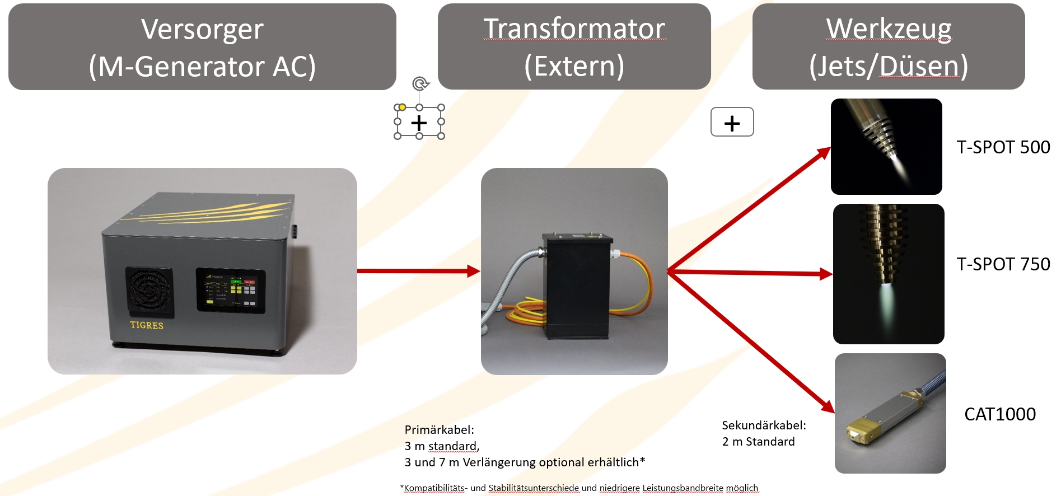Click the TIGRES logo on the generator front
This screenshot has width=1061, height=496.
(147, 325)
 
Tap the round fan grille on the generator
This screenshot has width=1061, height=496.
(149, 291)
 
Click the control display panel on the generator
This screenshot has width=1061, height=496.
(231, 291)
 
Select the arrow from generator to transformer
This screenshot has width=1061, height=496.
(418, 272)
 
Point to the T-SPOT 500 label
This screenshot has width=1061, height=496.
(1003, 147)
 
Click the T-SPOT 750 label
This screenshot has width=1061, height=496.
(1003, 264)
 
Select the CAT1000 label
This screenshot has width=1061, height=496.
(999, 414)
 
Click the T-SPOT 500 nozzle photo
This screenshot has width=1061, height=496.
(886, 147)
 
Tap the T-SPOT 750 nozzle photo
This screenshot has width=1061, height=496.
(888, 274)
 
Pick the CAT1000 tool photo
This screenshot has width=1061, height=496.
(890, 413)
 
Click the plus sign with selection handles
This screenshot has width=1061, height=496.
(419, 123)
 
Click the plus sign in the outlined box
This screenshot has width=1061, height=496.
(732, 123)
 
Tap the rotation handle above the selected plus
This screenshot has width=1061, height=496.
(420, 84)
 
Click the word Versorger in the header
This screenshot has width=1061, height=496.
(202, 29)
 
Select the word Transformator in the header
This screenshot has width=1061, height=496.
(574, 29)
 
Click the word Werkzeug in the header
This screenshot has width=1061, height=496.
(889, 29)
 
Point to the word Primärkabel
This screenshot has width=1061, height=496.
(439, 430)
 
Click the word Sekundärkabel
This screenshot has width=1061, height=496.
(764, 425)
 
